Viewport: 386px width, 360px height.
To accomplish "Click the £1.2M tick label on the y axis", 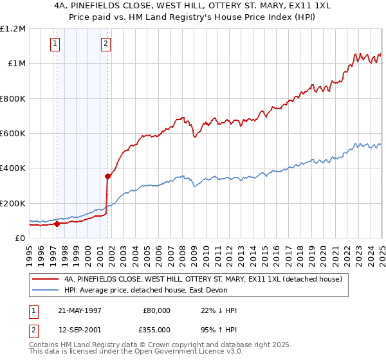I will (x=13, y=29).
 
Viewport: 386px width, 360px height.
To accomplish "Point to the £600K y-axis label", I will (x=13, y=134).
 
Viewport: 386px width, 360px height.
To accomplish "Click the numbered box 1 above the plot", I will (x=55, y=44).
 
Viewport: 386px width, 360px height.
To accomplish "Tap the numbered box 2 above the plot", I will (x=106, y=44).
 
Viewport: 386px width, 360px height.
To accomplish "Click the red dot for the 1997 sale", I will (x=57, y=224).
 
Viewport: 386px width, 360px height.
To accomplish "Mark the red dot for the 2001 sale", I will (x=107, y=176).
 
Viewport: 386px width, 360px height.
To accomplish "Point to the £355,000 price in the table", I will (x=157, y=330).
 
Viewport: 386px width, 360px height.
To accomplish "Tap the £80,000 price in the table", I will (x=157, y=310).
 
